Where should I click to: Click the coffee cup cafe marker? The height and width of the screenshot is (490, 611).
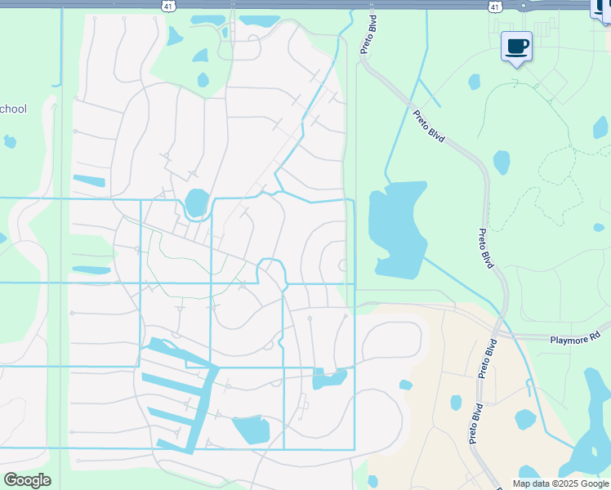516,47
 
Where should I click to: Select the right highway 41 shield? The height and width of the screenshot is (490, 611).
494,6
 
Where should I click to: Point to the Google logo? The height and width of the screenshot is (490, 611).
27,479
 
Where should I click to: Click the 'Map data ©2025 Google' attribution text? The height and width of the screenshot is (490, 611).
561,483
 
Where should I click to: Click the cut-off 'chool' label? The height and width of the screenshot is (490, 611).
14,109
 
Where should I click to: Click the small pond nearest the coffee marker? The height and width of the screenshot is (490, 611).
475,82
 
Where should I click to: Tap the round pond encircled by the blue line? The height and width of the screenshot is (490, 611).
196,203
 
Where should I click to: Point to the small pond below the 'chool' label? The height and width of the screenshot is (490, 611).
10,141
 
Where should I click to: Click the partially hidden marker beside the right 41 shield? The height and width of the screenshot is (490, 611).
601,7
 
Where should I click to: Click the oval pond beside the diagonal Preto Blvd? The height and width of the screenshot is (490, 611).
502,163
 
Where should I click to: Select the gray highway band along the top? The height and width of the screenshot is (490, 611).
327,4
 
